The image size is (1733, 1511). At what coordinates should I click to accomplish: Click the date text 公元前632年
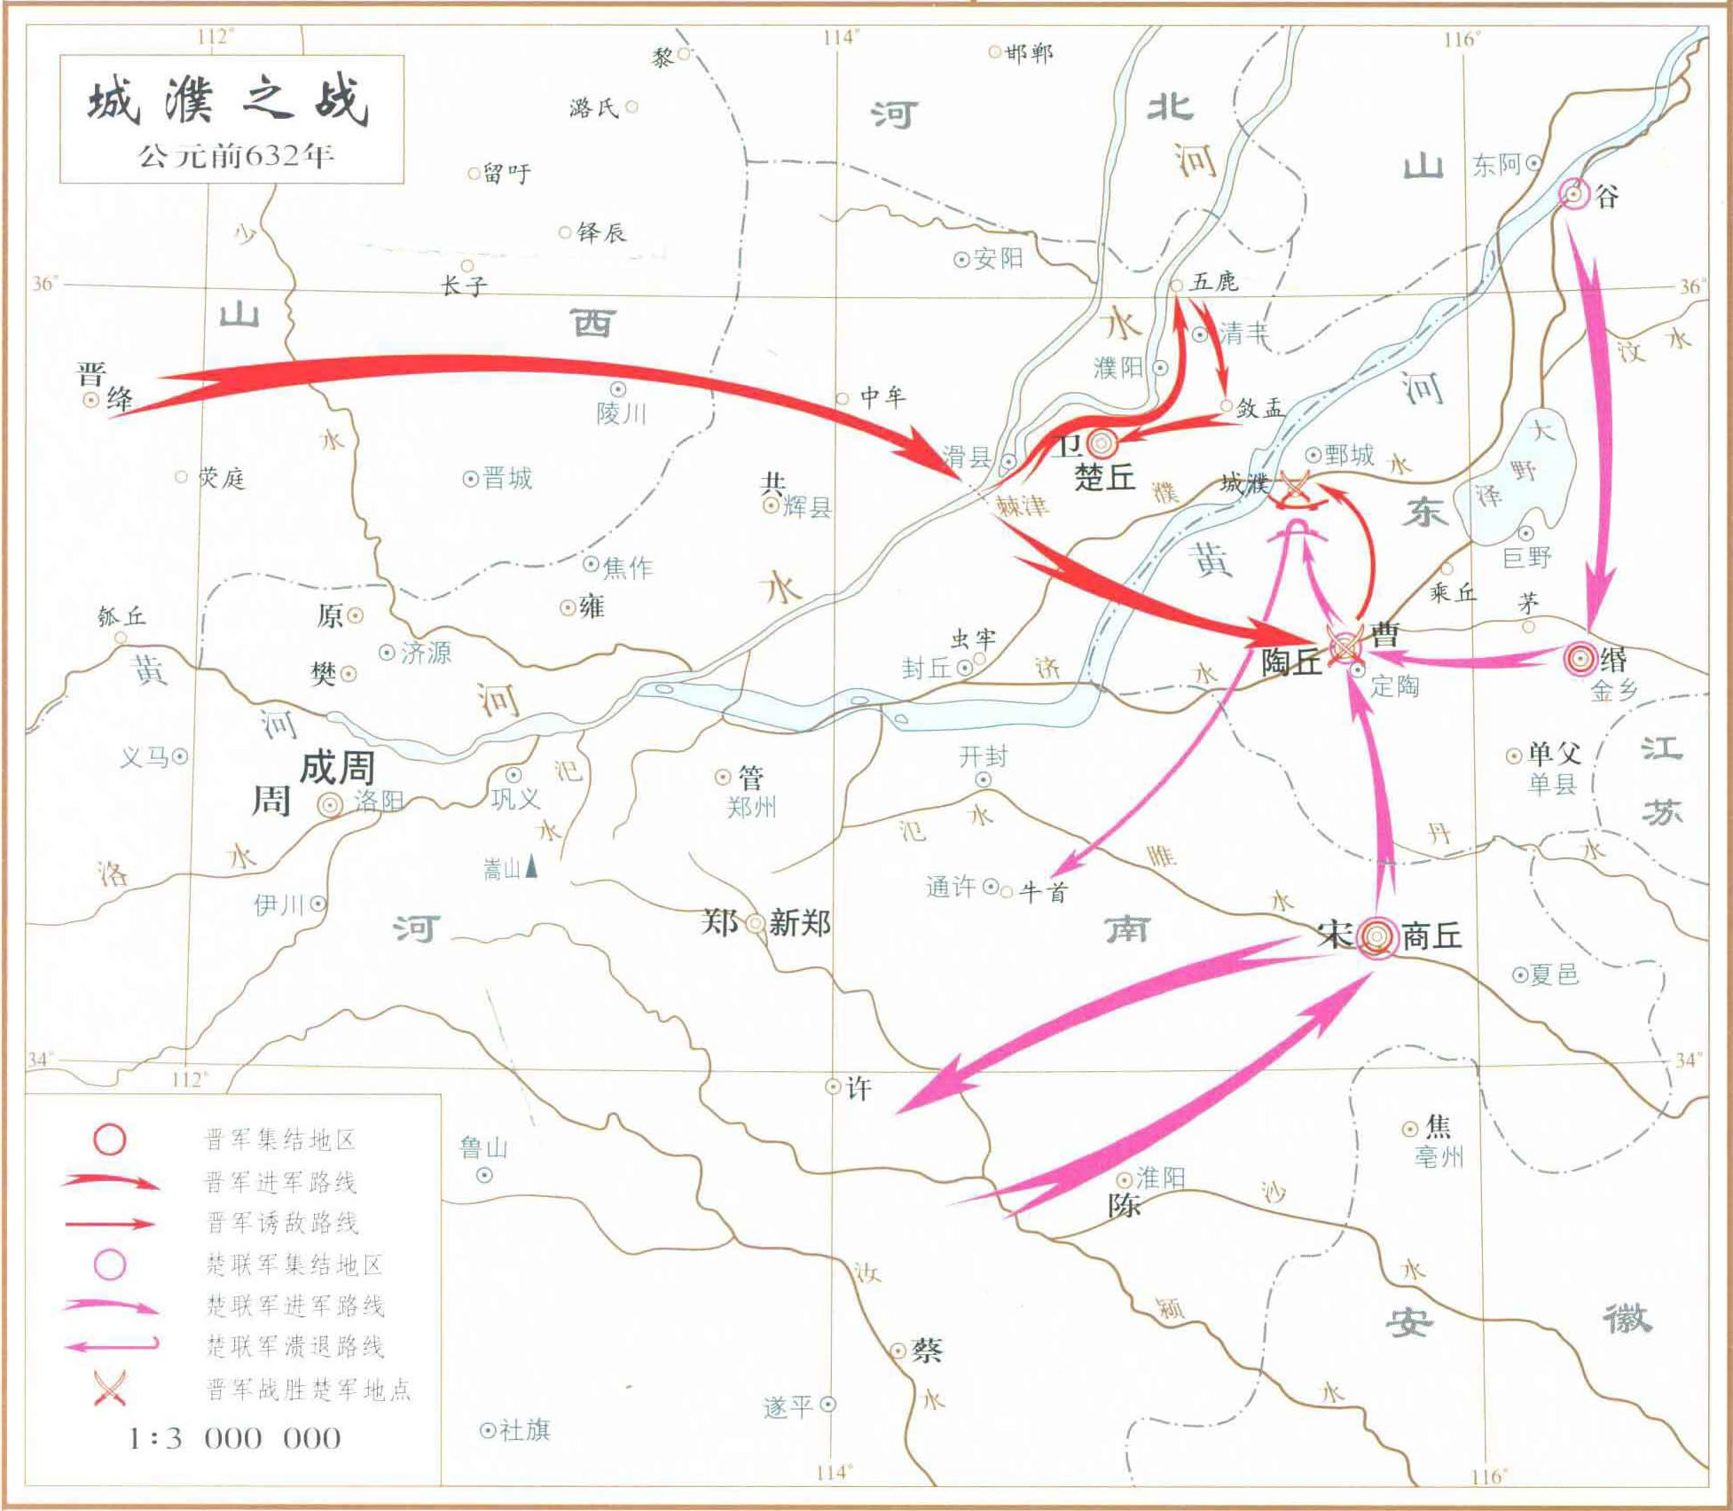(x=235, y=156)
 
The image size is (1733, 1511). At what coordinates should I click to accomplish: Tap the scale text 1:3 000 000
(x=235, y=1437)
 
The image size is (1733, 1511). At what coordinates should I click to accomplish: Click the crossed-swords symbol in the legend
(x=110, y=1388)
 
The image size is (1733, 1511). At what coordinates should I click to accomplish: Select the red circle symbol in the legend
(x=110, y=1139)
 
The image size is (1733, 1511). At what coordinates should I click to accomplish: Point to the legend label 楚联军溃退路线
(x=295, y=1346)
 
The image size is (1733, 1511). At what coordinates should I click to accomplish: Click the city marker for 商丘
(x=1375, y=936)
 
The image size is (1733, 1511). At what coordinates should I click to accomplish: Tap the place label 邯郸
(x=1030, y=54)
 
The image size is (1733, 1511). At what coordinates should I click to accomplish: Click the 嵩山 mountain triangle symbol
(x=531, y=865)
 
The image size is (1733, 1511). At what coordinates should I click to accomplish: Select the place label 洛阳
(x=379, y=801)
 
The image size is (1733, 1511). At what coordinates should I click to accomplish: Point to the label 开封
(x=984, y=756)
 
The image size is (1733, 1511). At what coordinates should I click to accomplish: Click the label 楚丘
(x=1105, y=478)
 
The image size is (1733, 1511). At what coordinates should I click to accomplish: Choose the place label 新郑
(x=800, y=923)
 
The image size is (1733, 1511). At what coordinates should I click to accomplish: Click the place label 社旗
(x=525, y=1429)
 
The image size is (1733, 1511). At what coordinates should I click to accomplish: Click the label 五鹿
(x=1214, y=282)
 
